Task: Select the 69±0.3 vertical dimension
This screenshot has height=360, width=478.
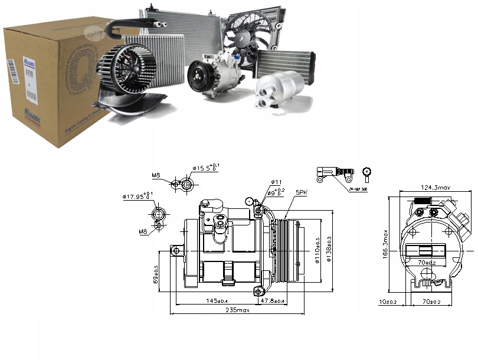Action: tap(156, 275)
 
